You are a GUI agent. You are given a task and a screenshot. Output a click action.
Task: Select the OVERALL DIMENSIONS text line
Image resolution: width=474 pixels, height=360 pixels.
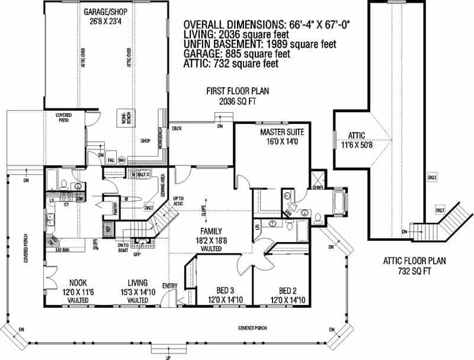pyautogui.click(x=267, y=25)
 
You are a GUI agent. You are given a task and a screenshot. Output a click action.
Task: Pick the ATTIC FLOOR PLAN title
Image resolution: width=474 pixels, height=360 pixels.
pyautogui.click(x=414, y=260)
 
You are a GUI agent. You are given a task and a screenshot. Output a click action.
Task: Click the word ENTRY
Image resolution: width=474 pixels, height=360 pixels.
pyautogui.click(x=169, y=286)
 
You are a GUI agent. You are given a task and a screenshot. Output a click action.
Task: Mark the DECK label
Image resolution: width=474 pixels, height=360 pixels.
pyautogui.click(x=177, y=128)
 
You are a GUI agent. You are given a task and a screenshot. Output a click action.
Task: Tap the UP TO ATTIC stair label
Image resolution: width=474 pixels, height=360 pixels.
pyautogui.click(x=178, y=200)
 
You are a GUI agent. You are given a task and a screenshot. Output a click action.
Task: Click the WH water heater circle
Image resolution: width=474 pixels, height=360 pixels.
pyautogui.click(x=121, y=160)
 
